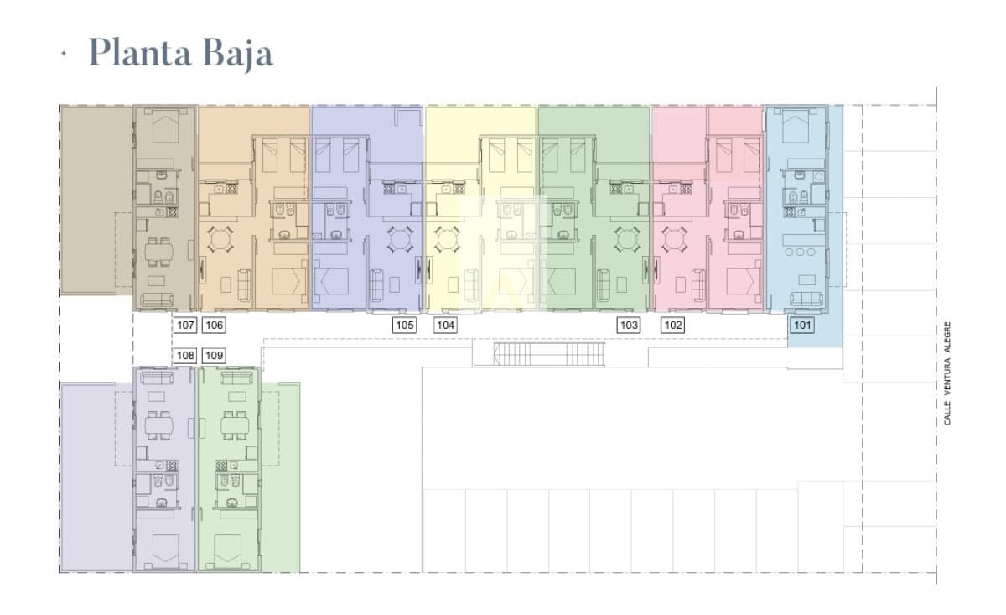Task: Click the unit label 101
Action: click(x=802, y=325)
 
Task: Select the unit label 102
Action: click(x=672, y=325)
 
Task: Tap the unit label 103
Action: click(x=629, y=325)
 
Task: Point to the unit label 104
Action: click(x=445, y=325)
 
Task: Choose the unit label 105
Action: click(x=404, y=325)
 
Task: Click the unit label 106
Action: click(x=214, y=325)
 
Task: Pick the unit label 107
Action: click(x=185, y=325)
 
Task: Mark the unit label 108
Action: click(x=185, y=356)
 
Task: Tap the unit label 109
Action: click(x=214, y=356)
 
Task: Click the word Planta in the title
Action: click(x=140, y=53)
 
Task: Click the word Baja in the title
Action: click(x=238, y=54)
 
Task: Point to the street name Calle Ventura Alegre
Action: click(x=947, y=373)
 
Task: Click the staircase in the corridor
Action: click(x=549, y=354)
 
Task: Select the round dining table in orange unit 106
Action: click(x=220, y=239)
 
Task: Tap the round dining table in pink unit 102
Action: click(x=674, y=239)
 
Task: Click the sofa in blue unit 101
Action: click(x=806, y=299)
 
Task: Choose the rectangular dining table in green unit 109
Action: click(x=235, y=425)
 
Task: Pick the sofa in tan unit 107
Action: click(x=157, y=300)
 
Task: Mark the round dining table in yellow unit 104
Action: click(x=448, y=239)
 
